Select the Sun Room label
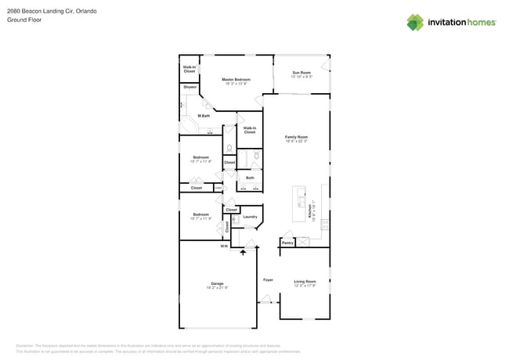[x=301, y=73]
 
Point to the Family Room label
[x=296, y=137]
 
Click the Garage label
[x=217, y=283]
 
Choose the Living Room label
[x=305, y=281]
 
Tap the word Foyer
[x=268, y=279]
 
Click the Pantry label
[x=287, y=243]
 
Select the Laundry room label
[x=250, y=217]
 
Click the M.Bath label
[x=204, y=116]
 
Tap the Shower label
[x=190, y=87]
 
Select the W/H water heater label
[x=223, y=247]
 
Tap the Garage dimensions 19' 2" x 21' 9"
[x=217, y=288]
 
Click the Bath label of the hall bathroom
[x=250, y=178]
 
